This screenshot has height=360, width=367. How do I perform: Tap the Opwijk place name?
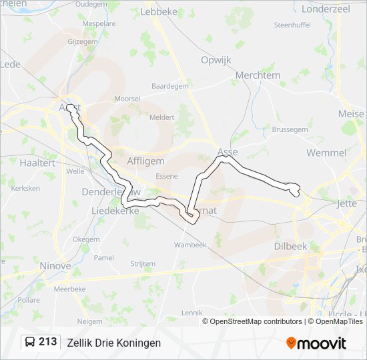click(216, 60)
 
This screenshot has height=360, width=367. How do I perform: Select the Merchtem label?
click(258, 75)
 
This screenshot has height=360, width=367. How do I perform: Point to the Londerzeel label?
click(326, 9)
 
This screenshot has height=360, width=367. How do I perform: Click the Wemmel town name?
click(326, 153)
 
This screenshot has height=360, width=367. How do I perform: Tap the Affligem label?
click(145, 161)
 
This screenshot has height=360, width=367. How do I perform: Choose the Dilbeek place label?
click(290, 246)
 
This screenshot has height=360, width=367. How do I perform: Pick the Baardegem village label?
click(170, 87)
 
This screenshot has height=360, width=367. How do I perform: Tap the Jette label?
click(348, 203)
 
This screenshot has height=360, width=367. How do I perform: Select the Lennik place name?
click(192, 312)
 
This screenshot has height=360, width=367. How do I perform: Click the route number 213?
click(47, 342)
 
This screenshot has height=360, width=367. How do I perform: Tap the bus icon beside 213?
click(30, 343)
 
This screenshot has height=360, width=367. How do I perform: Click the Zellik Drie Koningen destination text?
click(113, 343)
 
